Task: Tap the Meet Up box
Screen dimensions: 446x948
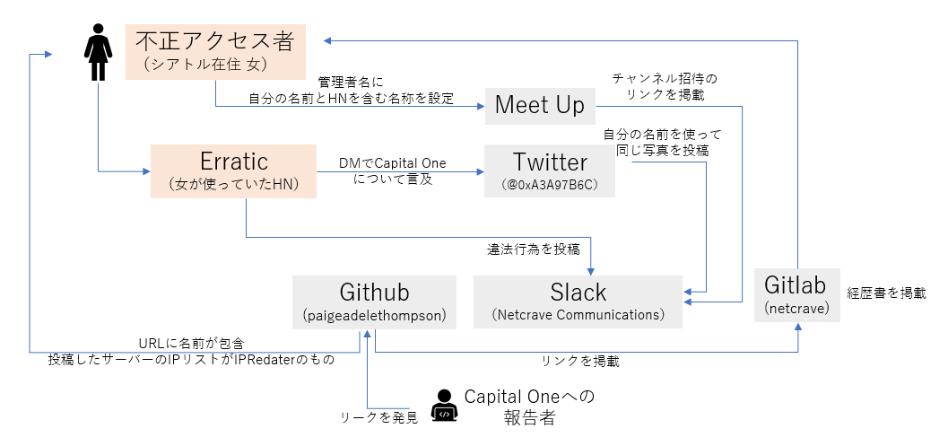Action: [x=539, y=106]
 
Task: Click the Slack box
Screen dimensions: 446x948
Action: [x=578, y=301]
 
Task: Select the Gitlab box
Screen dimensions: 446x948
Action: [x=796, y=293]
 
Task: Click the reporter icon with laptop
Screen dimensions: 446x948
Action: [x=443, y=406]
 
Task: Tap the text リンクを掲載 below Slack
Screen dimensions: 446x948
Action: [x=579, y=362]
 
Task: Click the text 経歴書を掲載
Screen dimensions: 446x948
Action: [x=886, y=293]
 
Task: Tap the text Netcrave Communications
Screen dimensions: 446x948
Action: [x=578, y=315]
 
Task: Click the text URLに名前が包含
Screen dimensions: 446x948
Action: [x=191, y=344]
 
